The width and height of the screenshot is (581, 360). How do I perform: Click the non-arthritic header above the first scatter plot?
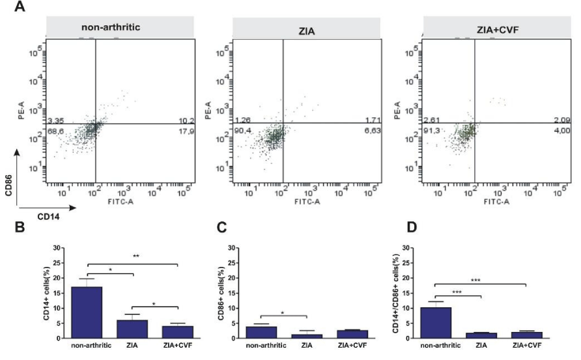(x=111, y=27)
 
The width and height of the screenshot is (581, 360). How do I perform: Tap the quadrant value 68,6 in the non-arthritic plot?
(x=55, y=132)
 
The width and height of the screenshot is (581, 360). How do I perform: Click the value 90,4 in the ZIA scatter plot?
(x=243, y=132)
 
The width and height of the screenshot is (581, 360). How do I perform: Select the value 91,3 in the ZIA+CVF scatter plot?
(x=433, y=132)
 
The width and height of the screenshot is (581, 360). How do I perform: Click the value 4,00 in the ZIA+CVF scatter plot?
(x=563, y=132)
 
